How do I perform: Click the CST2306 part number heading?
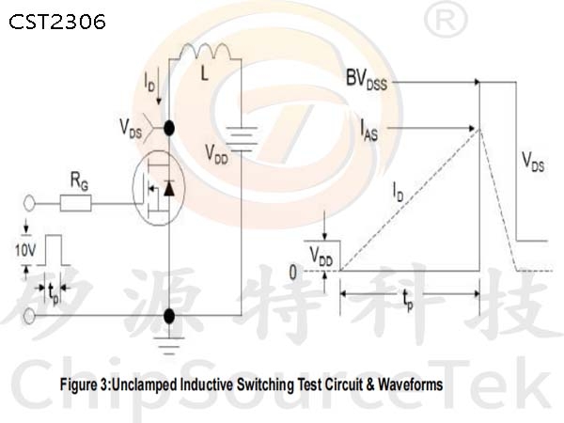point(57,22)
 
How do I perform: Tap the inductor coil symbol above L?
point(205,51)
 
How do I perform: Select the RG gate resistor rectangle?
point(75,203)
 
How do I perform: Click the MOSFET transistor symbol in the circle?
point(159,188)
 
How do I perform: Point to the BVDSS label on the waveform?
point(367,79)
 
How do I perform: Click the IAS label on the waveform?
point(369,131)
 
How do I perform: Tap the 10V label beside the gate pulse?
point(25,250)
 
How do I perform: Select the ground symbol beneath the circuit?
point(169,346)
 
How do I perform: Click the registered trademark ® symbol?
point(446,20)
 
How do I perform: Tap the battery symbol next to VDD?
point(242,139)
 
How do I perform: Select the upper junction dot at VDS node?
point(169,128)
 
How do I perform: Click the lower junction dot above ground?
point(169,316)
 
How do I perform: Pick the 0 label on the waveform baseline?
point(293,273)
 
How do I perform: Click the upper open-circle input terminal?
point(29,204)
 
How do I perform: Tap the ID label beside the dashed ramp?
point(399,192)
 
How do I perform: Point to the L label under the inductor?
point(204,74)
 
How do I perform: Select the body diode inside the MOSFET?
point(169,188)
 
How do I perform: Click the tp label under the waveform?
point(408,300)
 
